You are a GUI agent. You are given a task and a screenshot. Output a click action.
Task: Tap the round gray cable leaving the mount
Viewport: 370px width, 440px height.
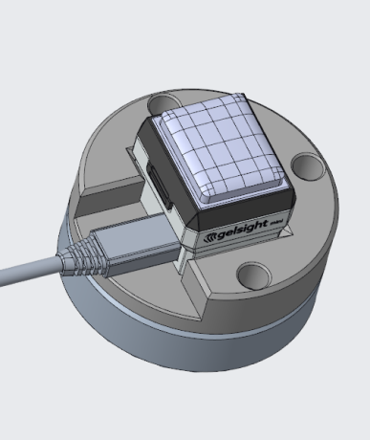click(29, 273)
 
